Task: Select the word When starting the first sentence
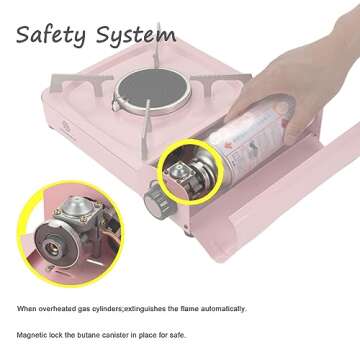[x=27, y=308]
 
